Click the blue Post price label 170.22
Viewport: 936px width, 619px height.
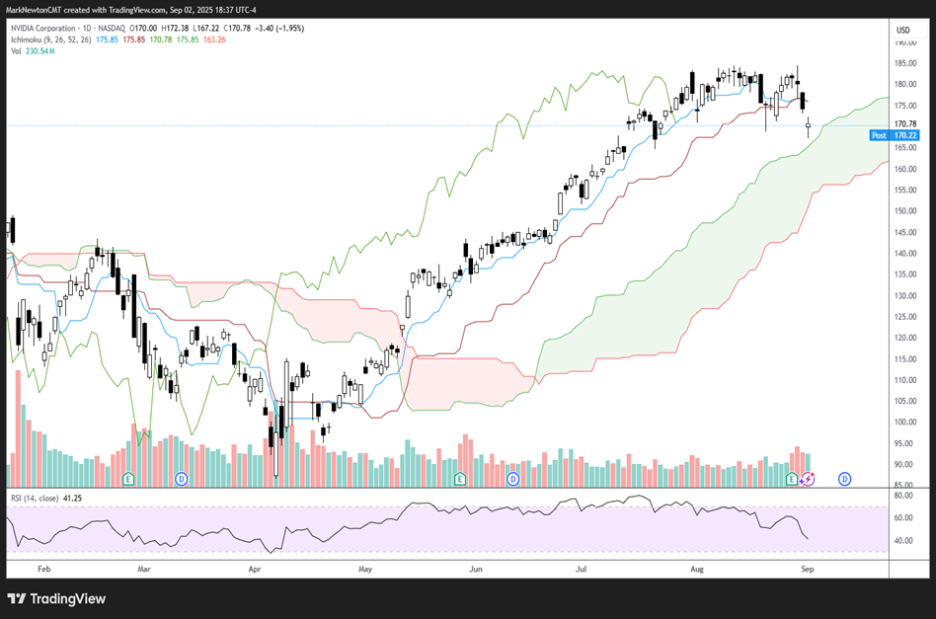click(x=905, y=135)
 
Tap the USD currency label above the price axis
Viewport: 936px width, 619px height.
click(x=902, y=31)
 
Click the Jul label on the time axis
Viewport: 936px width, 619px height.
click(x=583, y=570)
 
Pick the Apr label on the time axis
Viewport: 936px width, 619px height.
click(x=256, y=570)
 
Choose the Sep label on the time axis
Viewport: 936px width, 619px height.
click(x=807, y=570)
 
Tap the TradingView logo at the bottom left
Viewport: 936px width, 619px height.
click(x=56, y=598)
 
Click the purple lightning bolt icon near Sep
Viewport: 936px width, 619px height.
click(x=807, y=479)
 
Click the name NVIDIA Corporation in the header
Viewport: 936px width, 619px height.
click(x=47, y=30)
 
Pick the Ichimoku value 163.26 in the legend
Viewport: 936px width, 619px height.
click(x=212, y=40)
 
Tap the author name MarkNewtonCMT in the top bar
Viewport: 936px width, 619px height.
click(x=36, y=9)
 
